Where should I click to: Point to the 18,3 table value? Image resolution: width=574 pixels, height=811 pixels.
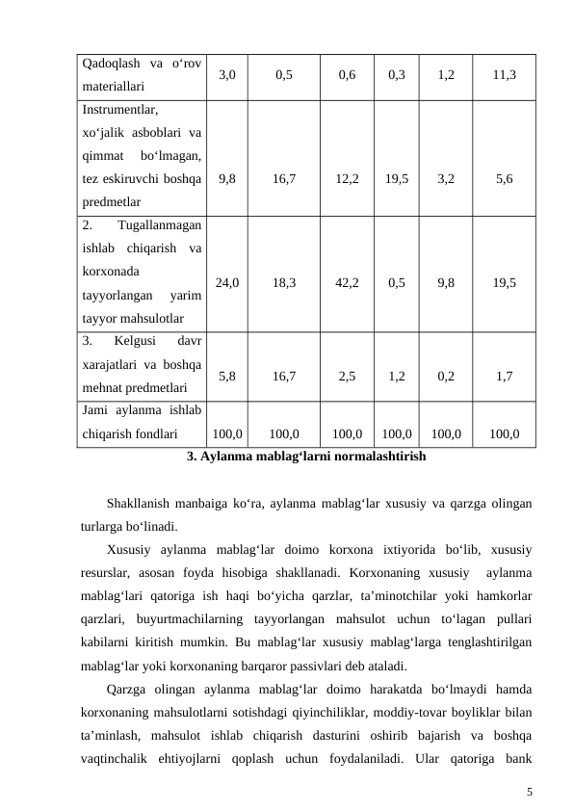coord(284,283)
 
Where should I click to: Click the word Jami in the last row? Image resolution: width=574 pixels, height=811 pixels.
coord(97,411)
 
